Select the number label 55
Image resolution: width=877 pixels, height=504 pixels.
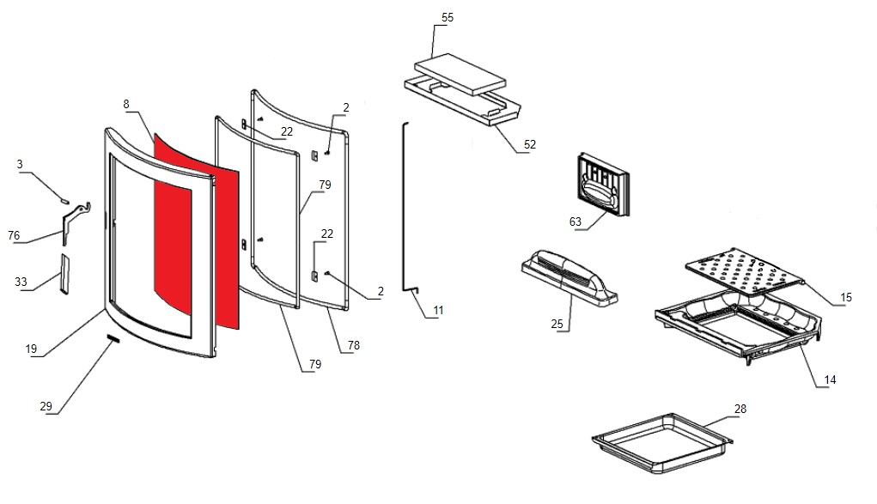pyautogui.click(x=447, y=17)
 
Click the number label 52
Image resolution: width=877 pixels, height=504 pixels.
pyautogui.click(x=529, y=144)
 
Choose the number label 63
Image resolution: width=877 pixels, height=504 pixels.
pyautogui.click(x=575, y=222)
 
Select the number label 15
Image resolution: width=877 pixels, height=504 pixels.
pyautogui.click(x=845, y=297)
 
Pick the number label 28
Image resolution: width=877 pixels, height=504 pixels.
pyautogui.click(x=740, y=409)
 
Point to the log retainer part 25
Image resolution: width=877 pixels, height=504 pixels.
pyautogui.click(x=569, y=275)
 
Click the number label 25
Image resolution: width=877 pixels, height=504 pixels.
pyautogui.click(x=556, y=324)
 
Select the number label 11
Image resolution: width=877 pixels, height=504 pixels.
pyautogui.click(x=438, y=310)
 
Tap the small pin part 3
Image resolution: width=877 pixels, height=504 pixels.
pyautogui.click(x=64, y=198)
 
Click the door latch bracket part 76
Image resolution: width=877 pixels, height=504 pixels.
pyautogui.click(x=74, y=221)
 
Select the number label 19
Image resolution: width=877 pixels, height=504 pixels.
pyautogui.click(x=31, y=349)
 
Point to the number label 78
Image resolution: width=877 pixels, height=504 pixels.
pyautogui.click(x=354, y=345)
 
